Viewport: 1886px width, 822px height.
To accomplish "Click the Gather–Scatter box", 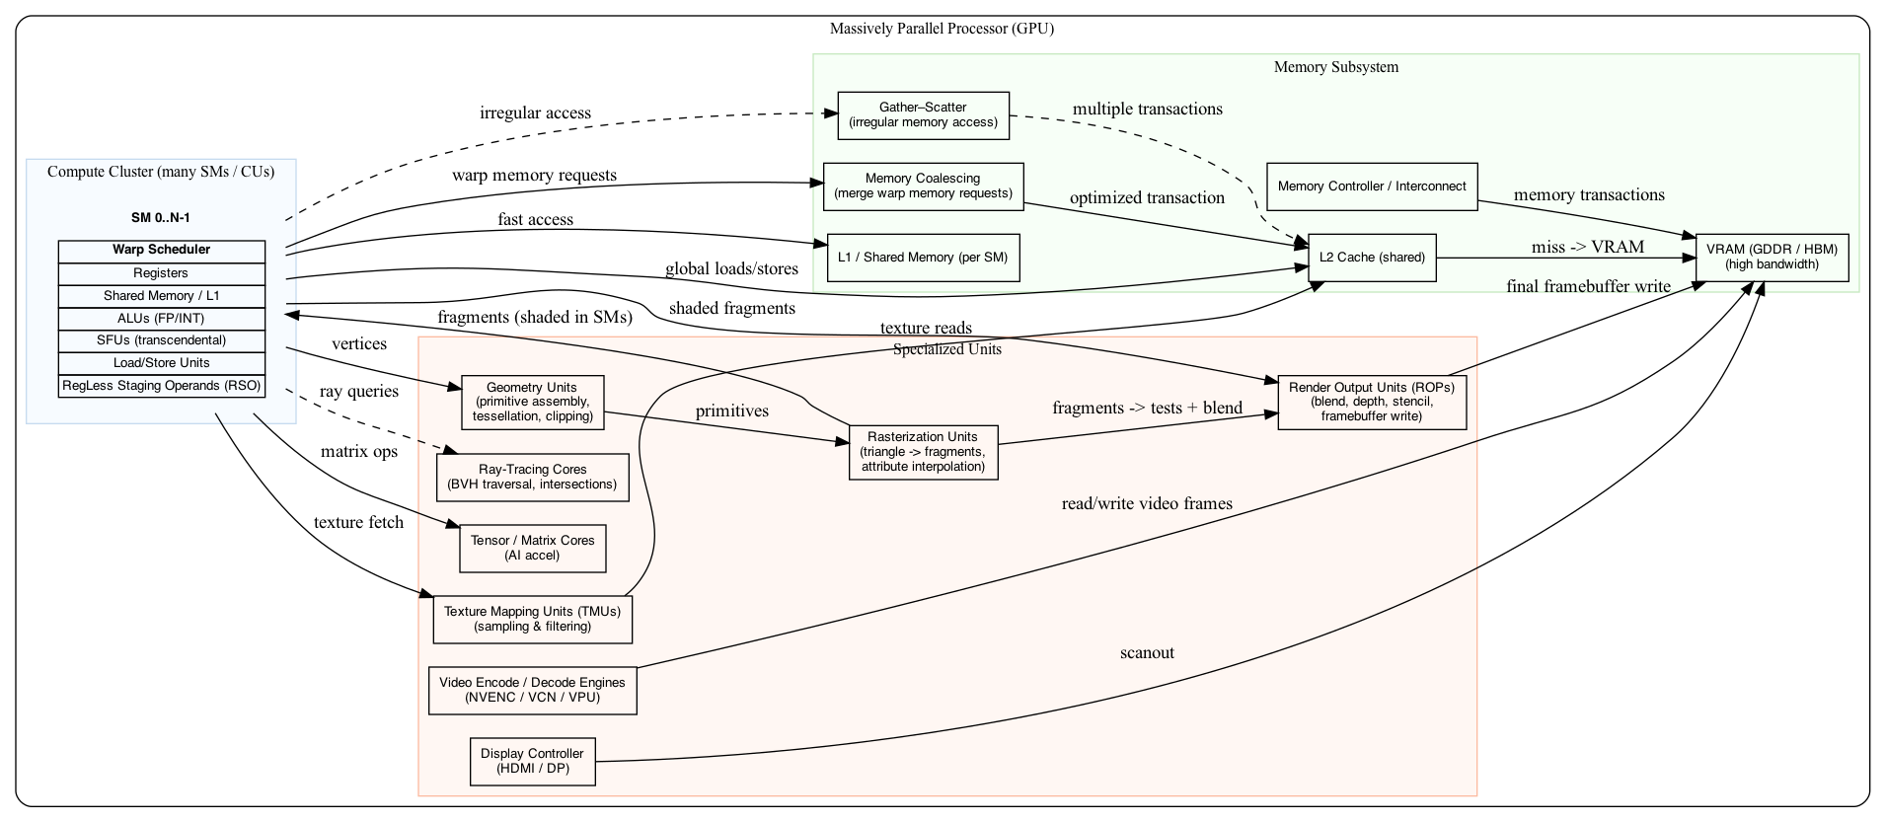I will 923,115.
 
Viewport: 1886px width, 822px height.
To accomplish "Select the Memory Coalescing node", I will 923,187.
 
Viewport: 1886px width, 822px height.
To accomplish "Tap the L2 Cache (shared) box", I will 1372,258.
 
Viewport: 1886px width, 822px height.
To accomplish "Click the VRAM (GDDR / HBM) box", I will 1772,258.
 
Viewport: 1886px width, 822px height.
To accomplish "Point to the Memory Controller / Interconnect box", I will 1372,187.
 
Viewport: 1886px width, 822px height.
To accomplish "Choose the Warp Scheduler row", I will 161,251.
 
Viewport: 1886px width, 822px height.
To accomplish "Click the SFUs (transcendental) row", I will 161,340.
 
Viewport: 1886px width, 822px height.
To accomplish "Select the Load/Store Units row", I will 161,363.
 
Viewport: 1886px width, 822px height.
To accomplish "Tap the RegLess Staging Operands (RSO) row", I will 161,386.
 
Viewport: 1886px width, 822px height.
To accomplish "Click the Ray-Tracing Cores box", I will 532,478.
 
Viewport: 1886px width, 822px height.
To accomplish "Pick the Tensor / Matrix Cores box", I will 532,549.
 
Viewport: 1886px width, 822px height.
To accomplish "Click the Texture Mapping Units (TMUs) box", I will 532,620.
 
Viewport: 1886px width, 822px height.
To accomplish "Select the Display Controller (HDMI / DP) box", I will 532,762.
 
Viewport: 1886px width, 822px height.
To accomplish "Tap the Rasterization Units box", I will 923,452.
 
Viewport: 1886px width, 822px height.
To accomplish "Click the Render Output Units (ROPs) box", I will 1372,402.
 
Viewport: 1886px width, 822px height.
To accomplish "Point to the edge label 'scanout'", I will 1147,653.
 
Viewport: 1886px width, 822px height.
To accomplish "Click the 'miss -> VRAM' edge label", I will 1587,247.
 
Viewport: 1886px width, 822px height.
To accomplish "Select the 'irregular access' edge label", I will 535,112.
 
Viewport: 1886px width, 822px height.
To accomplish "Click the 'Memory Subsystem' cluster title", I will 1335,67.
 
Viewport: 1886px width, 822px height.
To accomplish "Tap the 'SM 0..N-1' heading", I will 160,218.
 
